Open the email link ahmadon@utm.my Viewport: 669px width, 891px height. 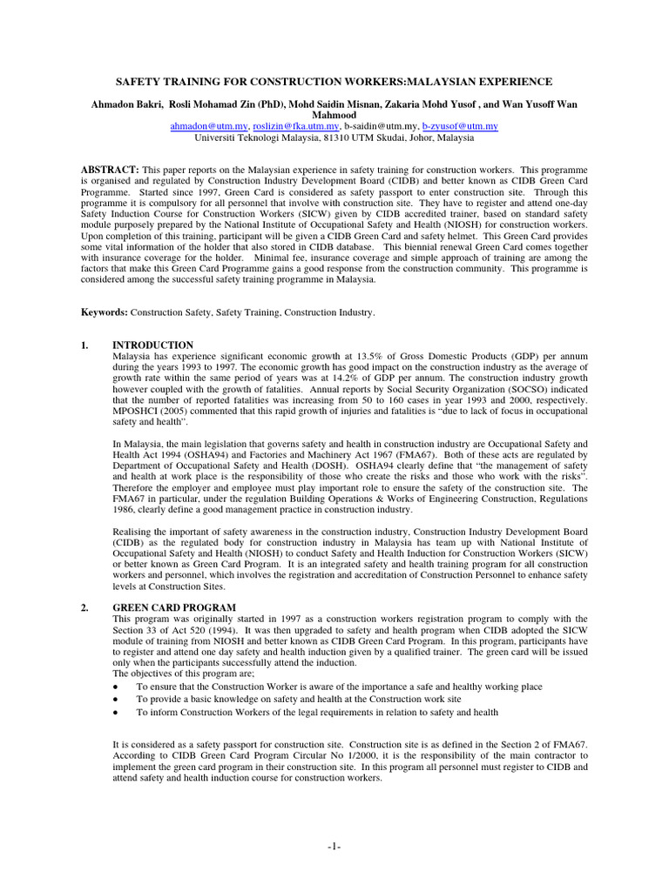click(x=206, y=126)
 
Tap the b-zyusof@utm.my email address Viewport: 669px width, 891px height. click(x=460, y=126)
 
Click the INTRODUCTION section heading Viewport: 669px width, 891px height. click(x=153, y=345)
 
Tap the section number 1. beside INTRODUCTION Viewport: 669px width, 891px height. click(x=84, y=345)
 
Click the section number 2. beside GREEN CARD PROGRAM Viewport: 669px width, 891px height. click(x=84, y=606)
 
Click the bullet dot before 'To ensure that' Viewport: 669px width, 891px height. click(x=117, y=687)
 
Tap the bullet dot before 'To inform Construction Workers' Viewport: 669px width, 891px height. click(x=117, y=712)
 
